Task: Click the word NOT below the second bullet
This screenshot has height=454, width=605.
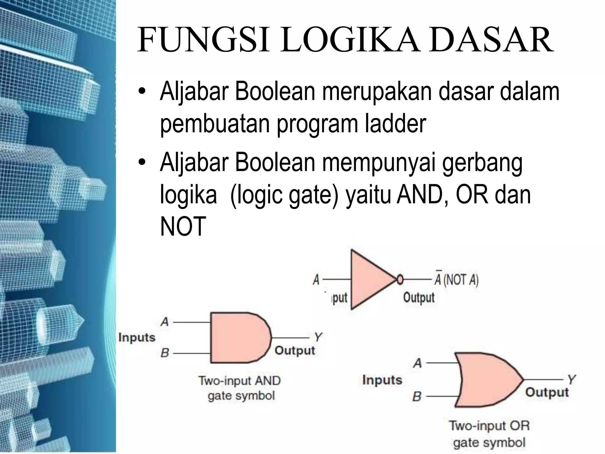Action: pos(183,226)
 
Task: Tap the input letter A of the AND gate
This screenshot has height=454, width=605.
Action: pos(165,322)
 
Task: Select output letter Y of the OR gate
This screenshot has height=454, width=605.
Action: pos(571,380)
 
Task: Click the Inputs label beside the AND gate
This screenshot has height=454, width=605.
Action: pos(137,338)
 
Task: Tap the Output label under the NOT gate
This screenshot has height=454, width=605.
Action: pos(419,297)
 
